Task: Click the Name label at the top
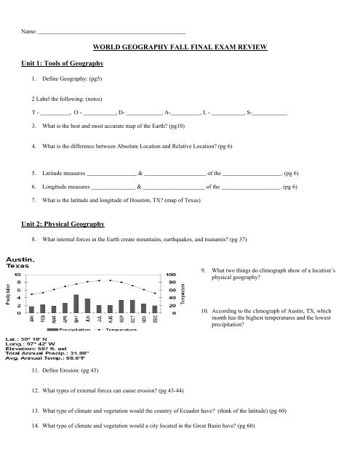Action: pos(28,31)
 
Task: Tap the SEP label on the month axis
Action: pos(121,320)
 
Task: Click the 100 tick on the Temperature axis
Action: pos(172,274)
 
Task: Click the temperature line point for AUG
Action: pos(110,280)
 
